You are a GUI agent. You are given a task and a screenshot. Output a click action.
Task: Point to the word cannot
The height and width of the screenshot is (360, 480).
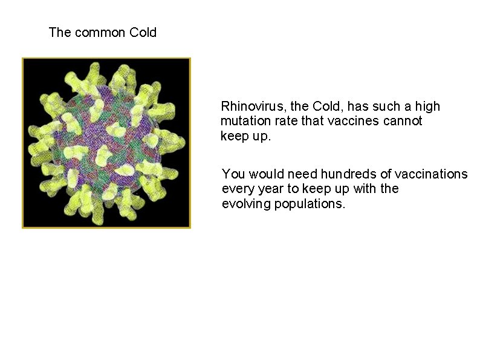(403, 121)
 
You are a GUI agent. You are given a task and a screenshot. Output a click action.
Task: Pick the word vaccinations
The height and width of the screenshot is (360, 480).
(431, 174)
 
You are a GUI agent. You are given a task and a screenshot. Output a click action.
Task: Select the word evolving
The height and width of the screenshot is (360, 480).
(246, 203)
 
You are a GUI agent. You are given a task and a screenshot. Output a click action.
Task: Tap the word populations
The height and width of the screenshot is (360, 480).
(310, 203)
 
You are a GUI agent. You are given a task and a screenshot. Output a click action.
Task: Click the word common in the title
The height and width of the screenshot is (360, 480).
(100, 33)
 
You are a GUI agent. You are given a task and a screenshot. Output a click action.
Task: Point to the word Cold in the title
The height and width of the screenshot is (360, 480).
(143, 33)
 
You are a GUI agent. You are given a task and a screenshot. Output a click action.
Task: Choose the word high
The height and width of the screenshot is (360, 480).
(427, 106)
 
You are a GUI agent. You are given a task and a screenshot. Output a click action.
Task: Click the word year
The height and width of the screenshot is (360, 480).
(270, 189)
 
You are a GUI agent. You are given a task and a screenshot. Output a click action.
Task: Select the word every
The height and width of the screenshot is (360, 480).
(238, 189)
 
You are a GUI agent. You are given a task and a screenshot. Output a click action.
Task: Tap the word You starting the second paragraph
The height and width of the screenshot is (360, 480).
(232, 174)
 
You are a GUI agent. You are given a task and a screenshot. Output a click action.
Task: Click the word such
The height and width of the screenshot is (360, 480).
(386, 106)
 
